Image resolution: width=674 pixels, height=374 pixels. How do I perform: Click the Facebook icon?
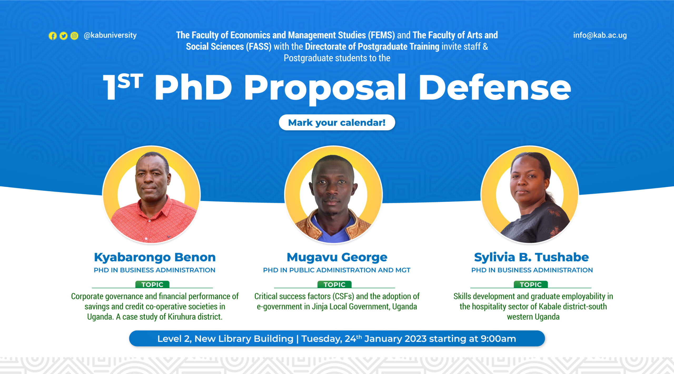(x=53, y=36)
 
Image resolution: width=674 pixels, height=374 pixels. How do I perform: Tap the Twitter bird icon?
(x=63, y=36)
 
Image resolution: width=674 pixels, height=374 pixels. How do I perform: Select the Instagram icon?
(x=75, y=36)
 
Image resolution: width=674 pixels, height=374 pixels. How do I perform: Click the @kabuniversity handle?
(x=110, y=35)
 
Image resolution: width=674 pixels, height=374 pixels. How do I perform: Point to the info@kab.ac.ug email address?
(x=600, y=35)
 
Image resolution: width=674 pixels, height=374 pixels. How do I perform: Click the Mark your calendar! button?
(x=337, y=122)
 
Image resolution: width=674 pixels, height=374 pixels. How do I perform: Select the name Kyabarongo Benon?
(x=155, y=257)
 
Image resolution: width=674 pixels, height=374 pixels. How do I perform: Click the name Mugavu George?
(x=337, y=257)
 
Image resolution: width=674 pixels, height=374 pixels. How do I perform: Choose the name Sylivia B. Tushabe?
(x=531, y=257)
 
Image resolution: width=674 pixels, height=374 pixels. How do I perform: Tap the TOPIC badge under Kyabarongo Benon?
(x=152, y=284)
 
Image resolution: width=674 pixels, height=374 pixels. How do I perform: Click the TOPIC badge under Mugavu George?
(x=334, y=284)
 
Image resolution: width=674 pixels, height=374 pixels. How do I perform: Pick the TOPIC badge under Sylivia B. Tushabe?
(x=531, y=284)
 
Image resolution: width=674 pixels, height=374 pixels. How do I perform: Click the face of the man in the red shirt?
(x=151, y=179)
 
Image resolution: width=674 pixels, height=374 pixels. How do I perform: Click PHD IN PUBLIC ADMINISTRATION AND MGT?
(x=337, y=270)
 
